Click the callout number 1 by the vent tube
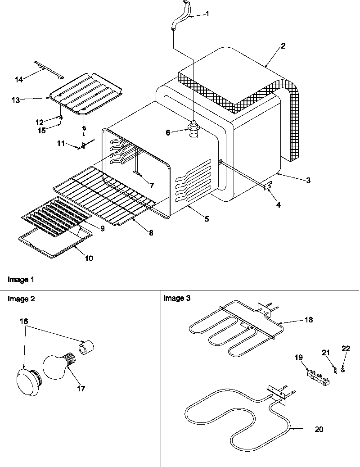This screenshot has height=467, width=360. coord(207,14)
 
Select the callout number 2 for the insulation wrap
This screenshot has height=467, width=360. coord(283,46)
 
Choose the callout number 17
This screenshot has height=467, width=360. coord(81,388)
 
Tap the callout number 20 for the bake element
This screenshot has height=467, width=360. coord(319,429)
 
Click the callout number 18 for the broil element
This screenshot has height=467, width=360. coord(308,320)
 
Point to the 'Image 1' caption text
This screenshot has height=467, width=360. coord(21,280)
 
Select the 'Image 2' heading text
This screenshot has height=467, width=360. coord(20,298)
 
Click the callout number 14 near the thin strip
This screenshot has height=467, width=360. coord(19,80)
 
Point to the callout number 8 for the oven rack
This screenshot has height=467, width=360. coord(151,233)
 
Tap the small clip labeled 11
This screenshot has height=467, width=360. coord(82,145)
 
